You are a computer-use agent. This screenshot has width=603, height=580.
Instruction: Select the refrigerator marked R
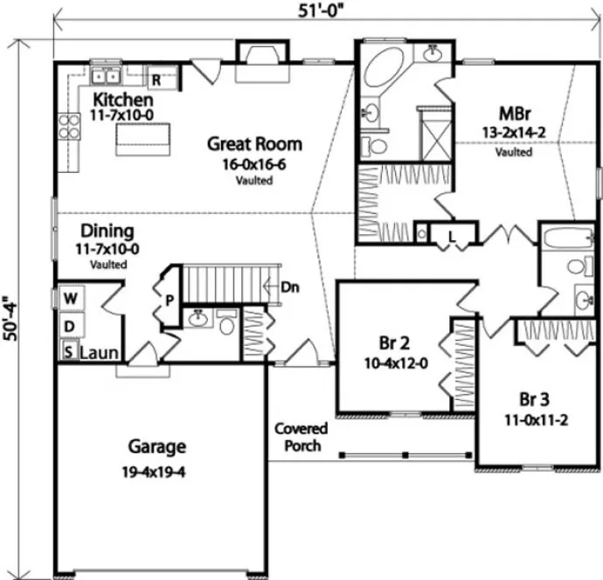(156, 79)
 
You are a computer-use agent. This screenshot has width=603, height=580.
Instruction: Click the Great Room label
(254, 144)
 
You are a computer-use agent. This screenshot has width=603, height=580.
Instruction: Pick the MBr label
(512, 114)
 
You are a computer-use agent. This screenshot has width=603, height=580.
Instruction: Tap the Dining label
(107, 231)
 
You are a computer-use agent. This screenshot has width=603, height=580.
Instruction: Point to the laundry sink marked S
(67, 353)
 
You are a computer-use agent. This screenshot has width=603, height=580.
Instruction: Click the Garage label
(157, 447)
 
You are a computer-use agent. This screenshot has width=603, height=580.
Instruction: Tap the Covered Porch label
(300, 437)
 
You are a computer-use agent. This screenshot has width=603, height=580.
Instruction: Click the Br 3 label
(534, 400)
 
